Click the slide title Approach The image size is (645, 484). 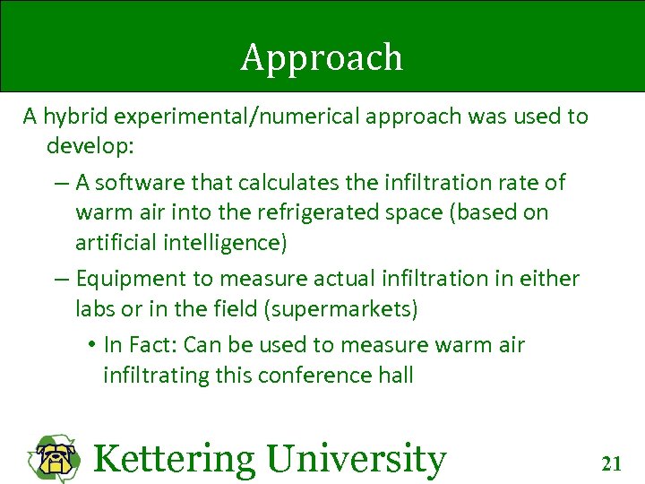[322, 58]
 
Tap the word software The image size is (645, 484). [137, 183]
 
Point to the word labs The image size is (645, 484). [94, 309]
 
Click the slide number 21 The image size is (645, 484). [612, 463]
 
